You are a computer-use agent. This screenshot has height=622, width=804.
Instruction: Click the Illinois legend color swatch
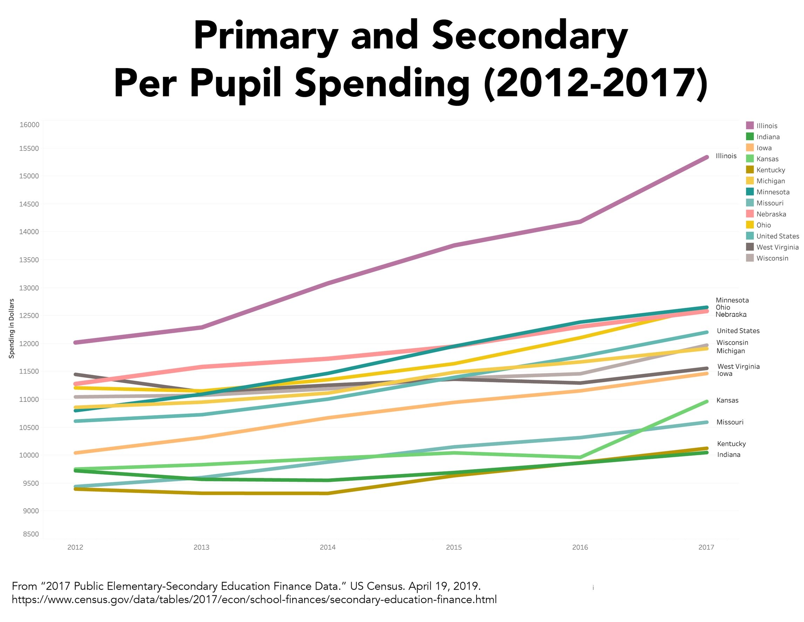[x=750, y=126]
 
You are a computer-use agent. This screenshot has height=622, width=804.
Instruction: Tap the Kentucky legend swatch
[x=750, y=170]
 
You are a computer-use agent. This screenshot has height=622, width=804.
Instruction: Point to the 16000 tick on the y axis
[x=29, y=124]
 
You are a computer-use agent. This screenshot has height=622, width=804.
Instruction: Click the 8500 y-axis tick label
[x=30, y=534]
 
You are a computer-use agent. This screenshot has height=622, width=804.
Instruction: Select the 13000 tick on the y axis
[x=29, y=288]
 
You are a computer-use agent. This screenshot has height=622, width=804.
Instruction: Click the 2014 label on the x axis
[x=328, y=547]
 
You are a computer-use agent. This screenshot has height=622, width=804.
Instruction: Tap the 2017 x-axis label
[x=706, y=547]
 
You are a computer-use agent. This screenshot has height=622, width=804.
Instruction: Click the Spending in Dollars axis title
[x=12, y=328]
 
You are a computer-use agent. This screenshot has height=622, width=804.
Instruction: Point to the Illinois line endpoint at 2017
[x=707, y=157]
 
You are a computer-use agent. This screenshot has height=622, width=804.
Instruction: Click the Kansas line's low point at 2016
[x=580, y=457]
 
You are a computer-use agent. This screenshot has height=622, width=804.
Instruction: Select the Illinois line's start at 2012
[x=75, y=342]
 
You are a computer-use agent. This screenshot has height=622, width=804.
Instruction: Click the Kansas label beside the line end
[x=727, y=400]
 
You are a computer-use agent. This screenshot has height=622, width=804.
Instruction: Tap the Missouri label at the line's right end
[x=730, y=422]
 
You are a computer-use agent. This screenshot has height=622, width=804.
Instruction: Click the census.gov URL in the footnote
[x=254, y=600]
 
